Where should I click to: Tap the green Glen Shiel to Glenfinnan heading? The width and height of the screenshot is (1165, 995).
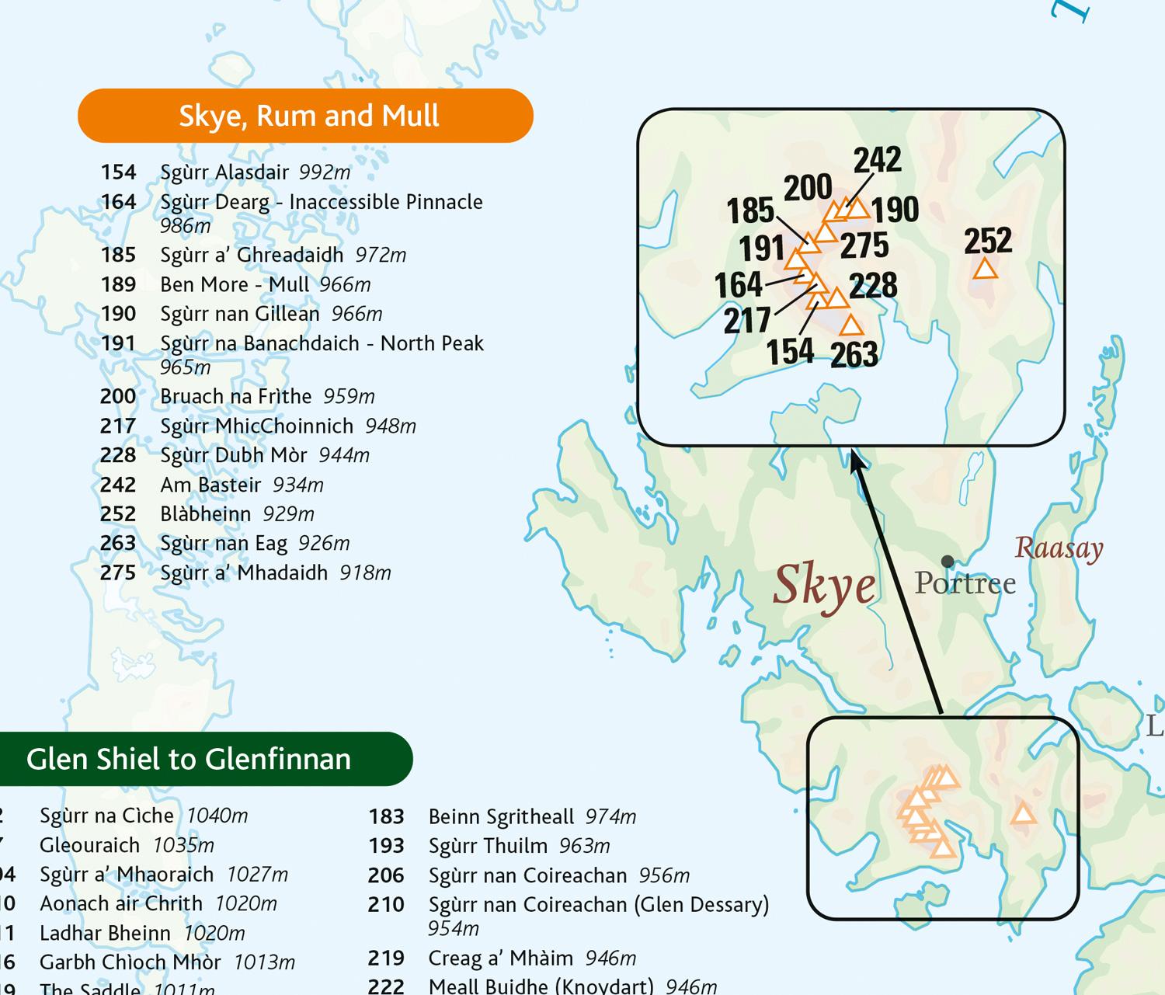point(189,759)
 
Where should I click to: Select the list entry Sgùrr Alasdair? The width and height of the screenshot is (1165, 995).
point(224,172)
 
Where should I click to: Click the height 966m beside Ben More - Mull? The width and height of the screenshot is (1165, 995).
point(345,284)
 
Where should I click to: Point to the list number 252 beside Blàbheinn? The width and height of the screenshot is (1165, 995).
point(118,514)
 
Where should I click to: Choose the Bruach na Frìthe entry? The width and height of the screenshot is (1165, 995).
point(235,396)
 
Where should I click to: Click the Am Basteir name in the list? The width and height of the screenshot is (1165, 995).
point(210,485)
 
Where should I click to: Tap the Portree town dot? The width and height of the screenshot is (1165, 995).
point(947,561)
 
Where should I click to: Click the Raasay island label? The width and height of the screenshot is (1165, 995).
point(1059,548)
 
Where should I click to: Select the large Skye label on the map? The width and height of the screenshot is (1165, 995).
point(824,584)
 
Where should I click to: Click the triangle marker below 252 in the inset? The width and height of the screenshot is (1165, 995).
point(985,269)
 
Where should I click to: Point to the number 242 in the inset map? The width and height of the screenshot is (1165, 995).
point(878,159)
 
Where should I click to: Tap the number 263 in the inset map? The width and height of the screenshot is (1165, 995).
point(854,355)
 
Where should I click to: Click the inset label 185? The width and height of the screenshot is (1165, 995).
point(750,210)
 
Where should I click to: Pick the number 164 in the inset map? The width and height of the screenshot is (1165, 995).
point(739,284)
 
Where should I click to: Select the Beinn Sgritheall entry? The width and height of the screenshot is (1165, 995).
point(501,817)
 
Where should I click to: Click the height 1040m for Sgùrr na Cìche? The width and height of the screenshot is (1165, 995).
point(217,816)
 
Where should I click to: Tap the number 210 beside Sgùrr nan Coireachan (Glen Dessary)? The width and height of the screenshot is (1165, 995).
point(386,905)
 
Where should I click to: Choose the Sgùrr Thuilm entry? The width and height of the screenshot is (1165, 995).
point(488,846)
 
